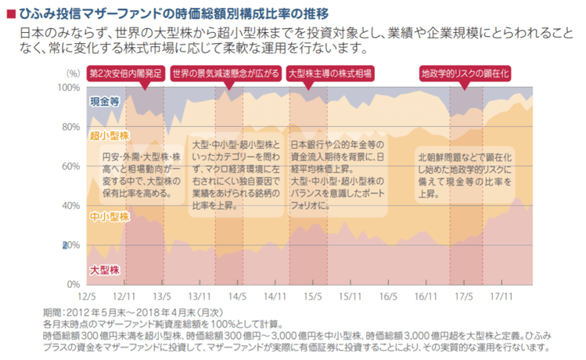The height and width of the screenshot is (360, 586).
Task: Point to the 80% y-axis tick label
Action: click(x=70, y=127)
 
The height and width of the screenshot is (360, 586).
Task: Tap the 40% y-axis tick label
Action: click(x=70, y=206)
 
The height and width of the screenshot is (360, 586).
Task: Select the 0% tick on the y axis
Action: click(x=73, y=283)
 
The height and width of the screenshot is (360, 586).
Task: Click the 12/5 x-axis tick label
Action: click(x=86, y=296)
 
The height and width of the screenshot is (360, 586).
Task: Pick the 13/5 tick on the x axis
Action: click(x=161, y=296)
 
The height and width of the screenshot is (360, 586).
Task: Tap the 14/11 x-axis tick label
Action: click(x=274, y=296)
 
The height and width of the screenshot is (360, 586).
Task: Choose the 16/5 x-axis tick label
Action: click(x=388, y=296)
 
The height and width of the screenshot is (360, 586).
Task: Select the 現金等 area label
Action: click(x=104, y=102)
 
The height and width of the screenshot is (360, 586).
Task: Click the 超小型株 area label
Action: click(x=109, y=136)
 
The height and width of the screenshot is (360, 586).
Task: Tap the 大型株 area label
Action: click(x=104, y=270)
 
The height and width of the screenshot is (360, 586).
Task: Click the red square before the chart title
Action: click(x=10, y=13)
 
